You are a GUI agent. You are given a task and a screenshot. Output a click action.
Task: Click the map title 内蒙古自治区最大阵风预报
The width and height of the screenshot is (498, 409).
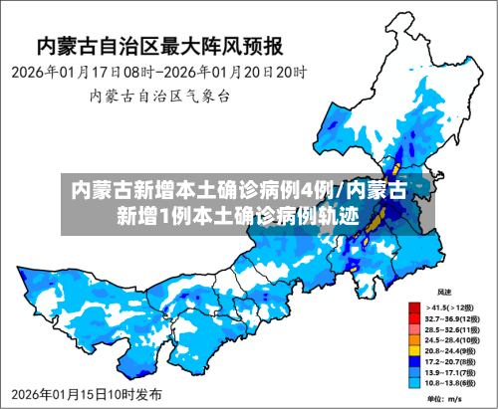click(x=159, y=46)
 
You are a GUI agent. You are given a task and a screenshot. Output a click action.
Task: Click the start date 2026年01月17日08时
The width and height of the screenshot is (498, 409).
click(x=80, y=73)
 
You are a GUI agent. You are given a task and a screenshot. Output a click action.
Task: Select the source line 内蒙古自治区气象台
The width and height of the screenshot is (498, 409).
click(x=159, y=97)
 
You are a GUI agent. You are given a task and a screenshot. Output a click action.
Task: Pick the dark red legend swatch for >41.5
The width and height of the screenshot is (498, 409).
click(x=413, y=307)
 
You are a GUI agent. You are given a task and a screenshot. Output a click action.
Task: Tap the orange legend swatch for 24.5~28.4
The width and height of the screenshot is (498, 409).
click(x=413, y=339)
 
